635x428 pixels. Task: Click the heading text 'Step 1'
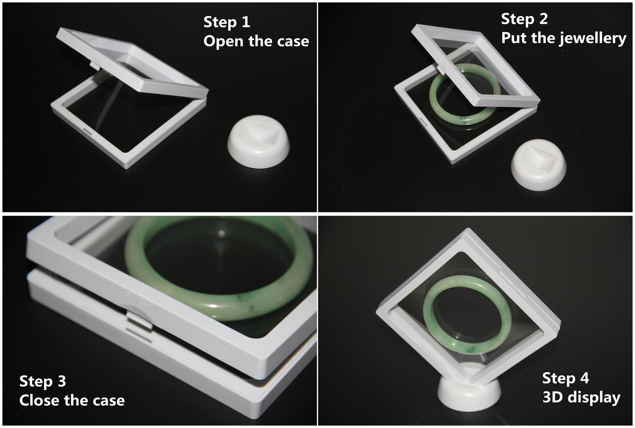point(227,22)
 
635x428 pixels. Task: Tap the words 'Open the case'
point(256,41)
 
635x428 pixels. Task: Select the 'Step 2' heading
point(524,19)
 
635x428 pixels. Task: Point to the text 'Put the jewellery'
point(563,38)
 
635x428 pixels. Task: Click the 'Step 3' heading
point(43,381)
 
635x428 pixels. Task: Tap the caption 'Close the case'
point(72,400)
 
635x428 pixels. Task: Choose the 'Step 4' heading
point(566,378)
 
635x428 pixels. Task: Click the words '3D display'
point(581,397)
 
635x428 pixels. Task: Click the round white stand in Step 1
point(258,142)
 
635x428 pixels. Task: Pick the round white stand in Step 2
point(539,165)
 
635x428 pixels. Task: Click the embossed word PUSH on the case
point(138,300)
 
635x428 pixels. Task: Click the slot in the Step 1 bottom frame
point(87,132)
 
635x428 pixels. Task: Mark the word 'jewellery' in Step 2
point(593,39)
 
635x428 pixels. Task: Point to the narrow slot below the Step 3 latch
point(139,335)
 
